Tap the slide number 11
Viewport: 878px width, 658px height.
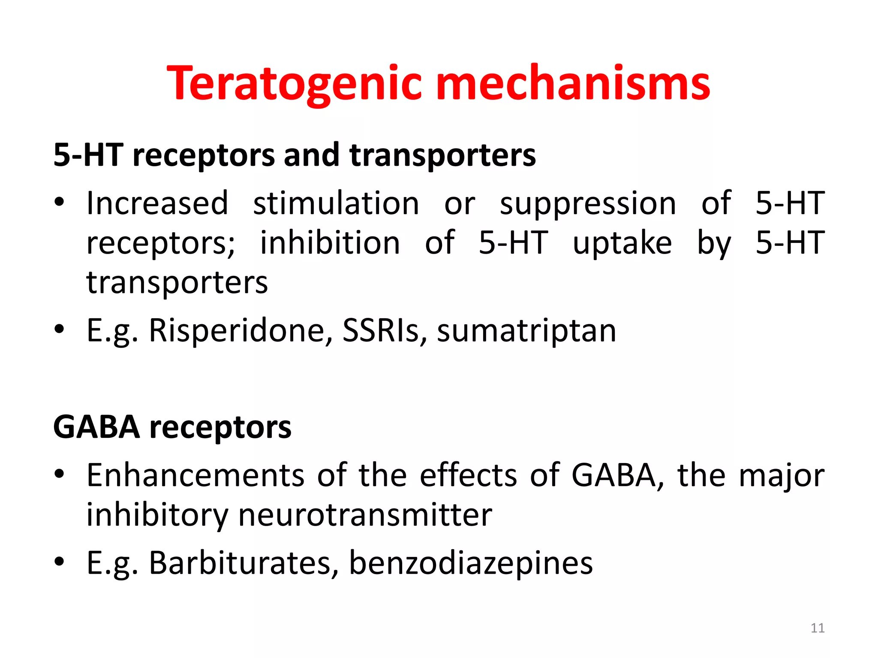coord(818,628)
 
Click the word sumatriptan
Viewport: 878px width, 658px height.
coord(526,331)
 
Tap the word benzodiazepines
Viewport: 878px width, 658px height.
coord(471,563)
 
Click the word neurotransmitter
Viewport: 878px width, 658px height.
coord(365,515)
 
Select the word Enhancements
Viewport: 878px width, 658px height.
coord(195,476)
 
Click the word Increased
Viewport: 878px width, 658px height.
coord(157,203)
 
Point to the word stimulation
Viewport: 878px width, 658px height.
coord(336,203)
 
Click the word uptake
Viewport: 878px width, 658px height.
coord(622,243)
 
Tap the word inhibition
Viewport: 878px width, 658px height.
coord(330,243)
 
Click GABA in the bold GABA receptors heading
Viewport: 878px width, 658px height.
coord(96,427)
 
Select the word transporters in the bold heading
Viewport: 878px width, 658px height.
coord(442,155)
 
